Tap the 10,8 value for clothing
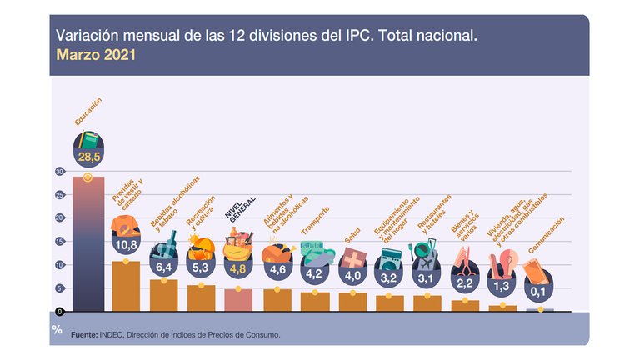(126, 245)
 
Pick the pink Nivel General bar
(238, 299)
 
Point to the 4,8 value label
(238, 269)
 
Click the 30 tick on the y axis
(59, 172)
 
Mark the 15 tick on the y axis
(59, 242)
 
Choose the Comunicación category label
(546, 236)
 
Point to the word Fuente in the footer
(84, 334)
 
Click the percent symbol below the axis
(57, 329)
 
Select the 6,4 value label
(163, 268)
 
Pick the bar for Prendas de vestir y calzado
(126, 286)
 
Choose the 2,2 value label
(465, 282)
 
